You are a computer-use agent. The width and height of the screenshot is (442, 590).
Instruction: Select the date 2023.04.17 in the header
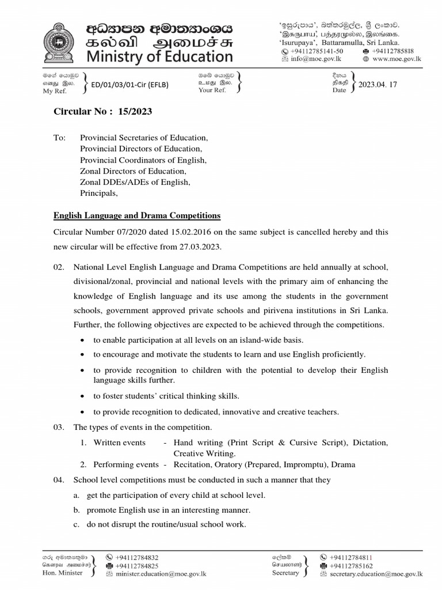coord(378,85)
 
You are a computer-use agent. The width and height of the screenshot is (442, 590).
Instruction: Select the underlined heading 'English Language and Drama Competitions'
coord(137,215)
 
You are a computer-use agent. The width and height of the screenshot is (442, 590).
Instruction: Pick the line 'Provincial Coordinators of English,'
coord(143,160)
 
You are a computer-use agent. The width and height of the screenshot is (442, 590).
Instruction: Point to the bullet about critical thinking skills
coord(166,396)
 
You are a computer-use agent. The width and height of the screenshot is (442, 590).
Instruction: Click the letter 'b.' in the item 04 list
coord(77,509)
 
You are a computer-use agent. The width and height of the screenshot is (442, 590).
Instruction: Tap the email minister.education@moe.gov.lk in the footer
coord(161,574)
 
